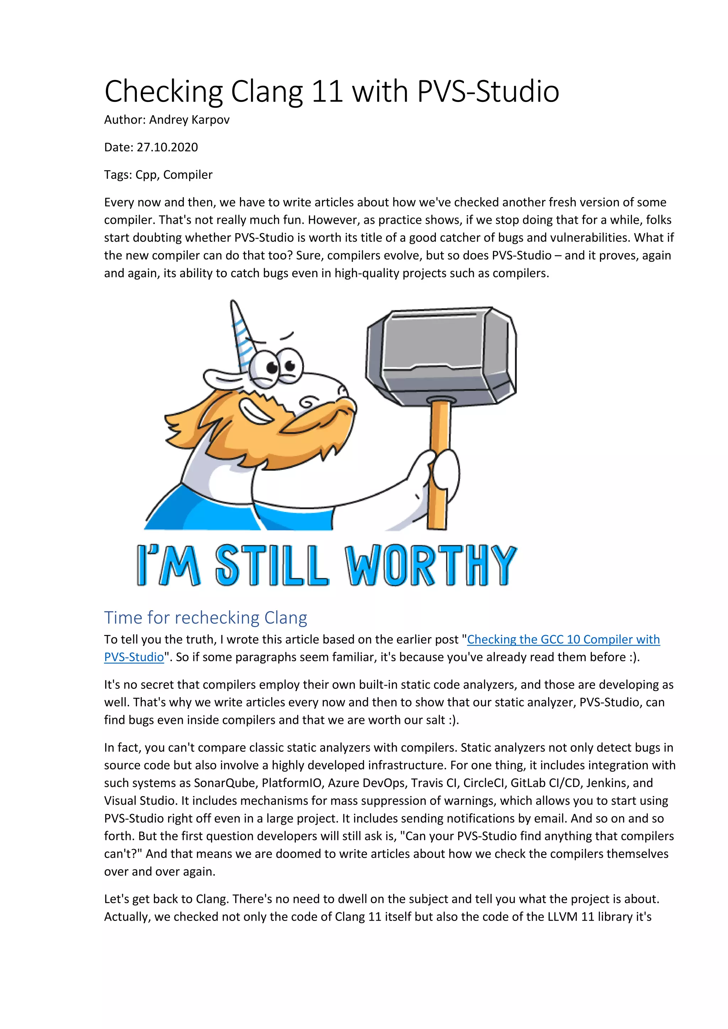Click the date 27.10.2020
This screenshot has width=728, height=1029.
pyautogui.click(x=167, y=147)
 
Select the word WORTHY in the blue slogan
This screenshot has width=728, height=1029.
pyautogui.click(x=430, y=566)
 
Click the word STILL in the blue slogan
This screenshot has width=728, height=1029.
pyautogui.click(x=272, y=566)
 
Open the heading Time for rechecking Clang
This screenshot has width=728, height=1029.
pyautogui.click(x=205, y=618)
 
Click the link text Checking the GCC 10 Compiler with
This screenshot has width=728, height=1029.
pyautogui.click(x=563, y=640)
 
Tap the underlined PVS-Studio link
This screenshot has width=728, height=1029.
pyautogui.click(x=134, y=657)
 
